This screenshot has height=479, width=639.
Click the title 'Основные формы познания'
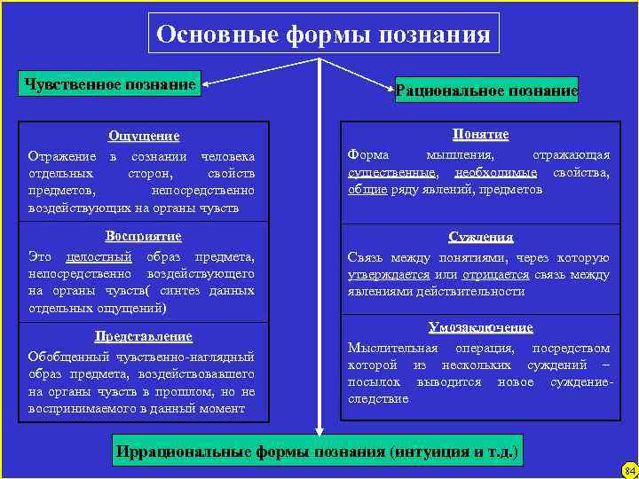click(x=322, y=35)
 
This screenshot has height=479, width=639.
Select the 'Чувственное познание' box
click(x=111, y=84)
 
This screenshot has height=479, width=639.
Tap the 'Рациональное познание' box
click(x=486, y=90)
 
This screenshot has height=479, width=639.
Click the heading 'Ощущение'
click(x=143, y=136)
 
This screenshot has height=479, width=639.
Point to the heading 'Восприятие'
click(x=143, y=236)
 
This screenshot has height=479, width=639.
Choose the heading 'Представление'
click(x=143, y=336)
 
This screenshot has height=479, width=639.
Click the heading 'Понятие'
click(x=480, y=134)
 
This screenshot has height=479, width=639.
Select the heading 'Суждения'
click(x=480, y=237)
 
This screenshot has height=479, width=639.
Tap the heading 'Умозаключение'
click(x=480, y=327)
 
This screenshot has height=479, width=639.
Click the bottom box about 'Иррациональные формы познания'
click(x=317, y=452)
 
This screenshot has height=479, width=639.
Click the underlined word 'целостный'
click(x=99, y=257)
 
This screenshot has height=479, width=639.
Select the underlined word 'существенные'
click(x=391, y=172)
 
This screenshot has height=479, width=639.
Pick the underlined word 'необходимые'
click(x=498, y=172)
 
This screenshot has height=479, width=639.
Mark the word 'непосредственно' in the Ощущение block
click(x=202, y=190)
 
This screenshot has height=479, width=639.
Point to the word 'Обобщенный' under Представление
click(x=65, y=357)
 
